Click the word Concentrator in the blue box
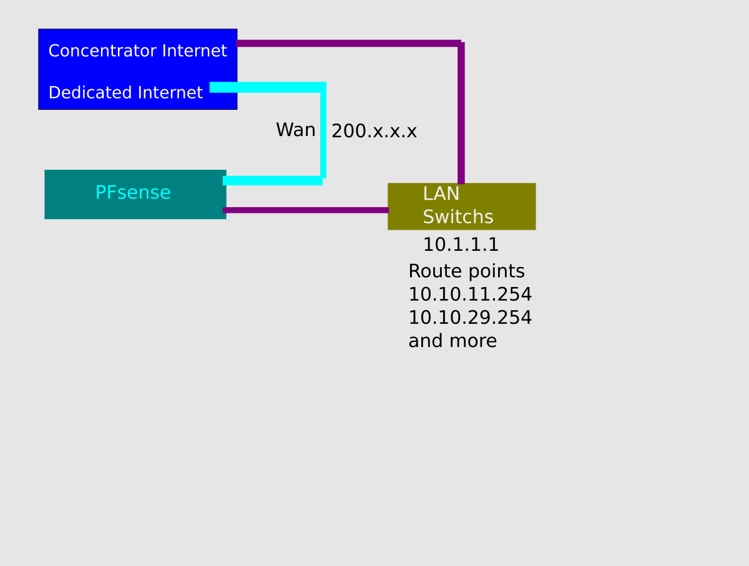103,51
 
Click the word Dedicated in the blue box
91,92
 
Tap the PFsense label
133,192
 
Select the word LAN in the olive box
441,194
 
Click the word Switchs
458,217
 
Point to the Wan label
295,130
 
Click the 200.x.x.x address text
374,131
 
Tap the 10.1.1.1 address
461,245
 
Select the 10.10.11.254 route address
470,294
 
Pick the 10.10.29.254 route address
470,317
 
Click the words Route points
466,271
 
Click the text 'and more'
453,341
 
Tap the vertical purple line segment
461,113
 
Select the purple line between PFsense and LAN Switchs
306,210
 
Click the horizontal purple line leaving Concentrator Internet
349,43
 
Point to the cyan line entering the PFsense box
273,181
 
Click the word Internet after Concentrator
195,51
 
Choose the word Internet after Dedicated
170,92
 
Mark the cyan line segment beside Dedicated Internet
268,87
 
